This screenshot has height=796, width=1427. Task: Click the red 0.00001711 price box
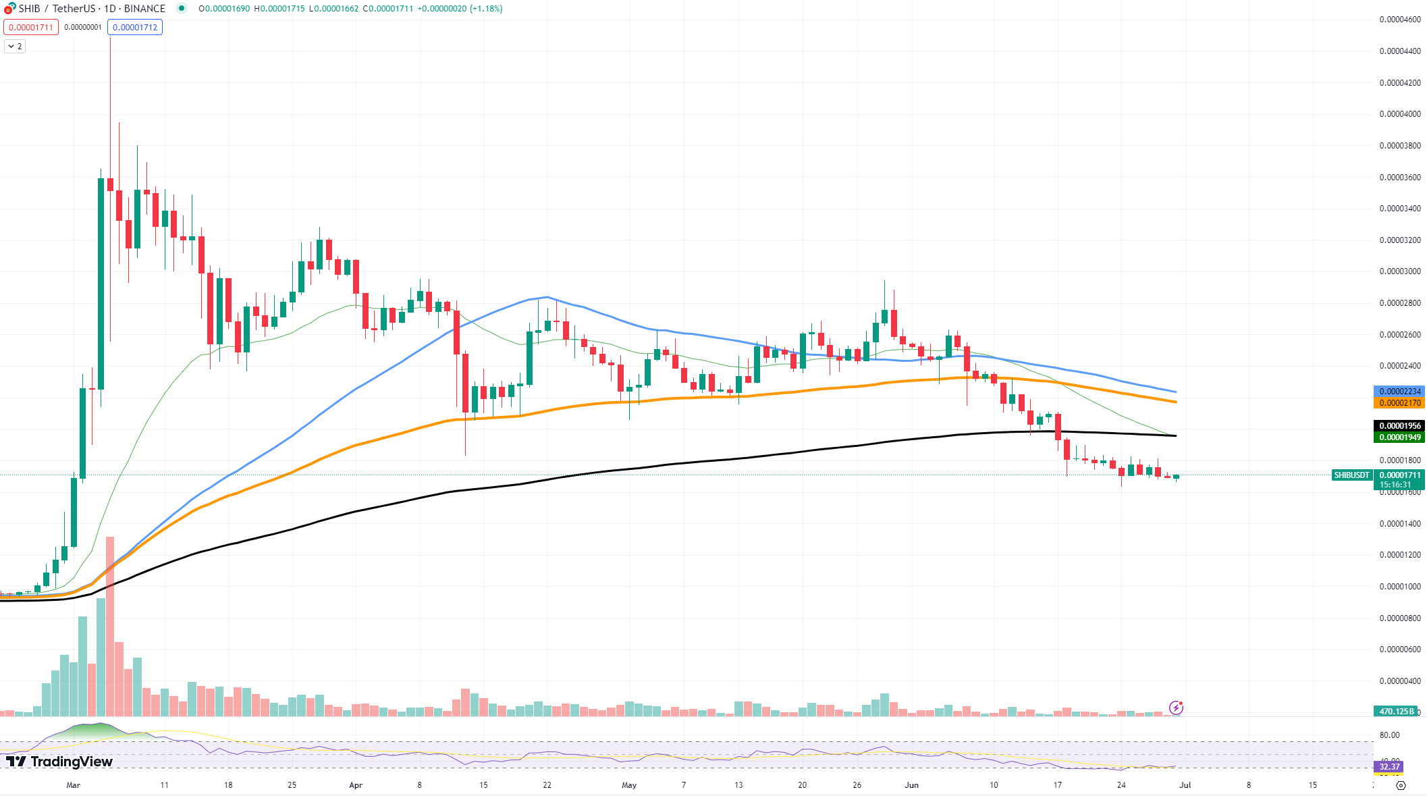coord(31,28)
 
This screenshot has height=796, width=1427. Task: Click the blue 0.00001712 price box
coord(135,28)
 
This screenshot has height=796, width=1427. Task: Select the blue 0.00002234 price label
coord(1399,392)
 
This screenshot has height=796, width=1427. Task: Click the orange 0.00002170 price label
coord(1399,403)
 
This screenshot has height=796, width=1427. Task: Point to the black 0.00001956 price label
coord(1399,426)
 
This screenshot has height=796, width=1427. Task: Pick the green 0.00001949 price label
coord(1399,437)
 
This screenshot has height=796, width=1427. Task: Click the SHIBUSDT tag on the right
coord(1351,475)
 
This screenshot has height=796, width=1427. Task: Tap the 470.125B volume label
coord(1395,711)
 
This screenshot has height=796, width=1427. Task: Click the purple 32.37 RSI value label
coord(1389,767)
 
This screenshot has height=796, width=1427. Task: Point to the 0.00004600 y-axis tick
coord(1399,20)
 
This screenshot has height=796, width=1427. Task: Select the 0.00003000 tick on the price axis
coord(1399,271)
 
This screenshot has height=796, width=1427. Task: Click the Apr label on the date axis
coord(356,785)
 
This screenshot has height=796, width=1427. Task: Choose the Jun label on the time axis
coord(912,785)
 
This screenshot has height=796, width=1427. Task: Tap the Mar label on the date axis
coord(74,785)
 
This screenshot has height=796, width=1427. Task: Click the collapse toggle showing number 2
coord(15,47)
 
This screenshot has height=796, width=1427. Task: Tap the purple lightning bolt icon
coord(1177,708)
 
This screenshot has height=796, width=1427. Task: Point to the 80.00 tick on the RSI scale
coord(1389,735)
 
